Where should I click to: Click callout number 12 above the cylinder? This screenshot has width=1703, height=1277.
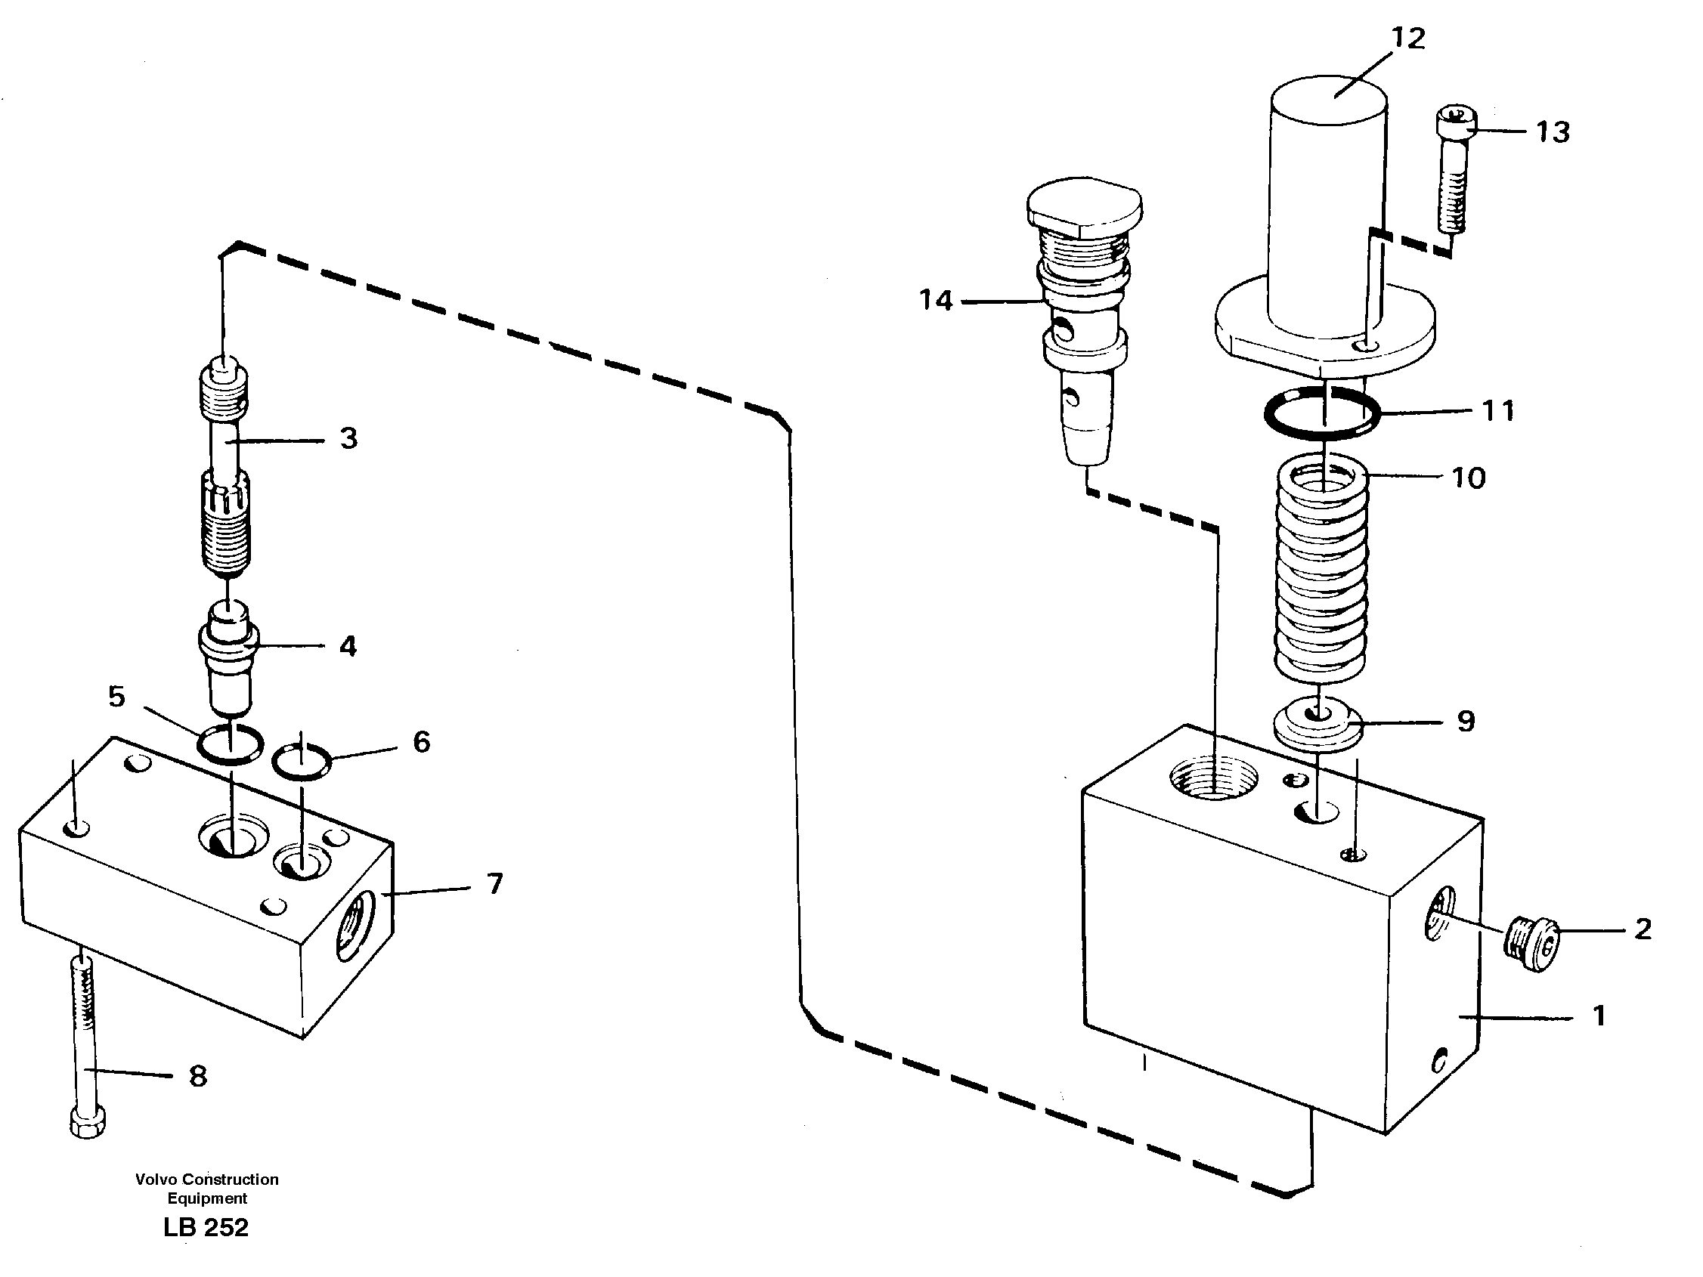1408,39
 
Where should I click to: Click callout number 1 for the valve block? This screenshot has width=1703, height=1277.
1599,1016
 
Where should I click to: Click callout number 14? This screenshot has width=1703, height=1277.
937,300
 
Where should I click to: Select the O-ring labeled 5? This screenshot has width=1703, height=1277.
230,745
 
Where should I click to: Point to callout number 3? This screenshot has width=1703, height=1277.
348,439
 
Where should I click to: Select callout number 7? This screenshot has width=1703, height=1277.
495,883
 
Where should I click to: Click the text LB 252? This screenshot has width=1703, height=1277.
206,1227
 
